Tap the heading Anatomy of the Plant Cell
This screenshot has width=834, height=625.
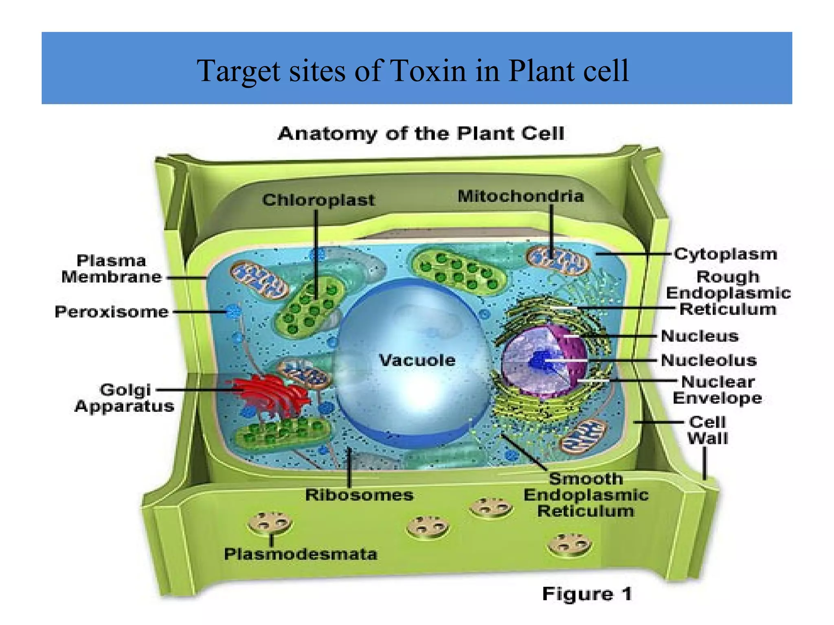(421, 134)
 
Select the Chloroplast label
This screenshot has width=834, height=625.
(318, 200)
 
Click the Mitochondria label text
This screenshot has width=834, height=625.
(520, 196)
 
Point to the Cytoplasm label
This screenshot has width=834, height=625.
(725, 254)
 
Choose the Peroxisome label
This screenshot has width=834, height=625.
(112, 312)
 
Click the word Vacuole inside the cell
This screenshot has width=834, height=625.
(417, 360)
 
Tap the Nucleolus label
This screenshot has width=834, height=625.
(709, 360)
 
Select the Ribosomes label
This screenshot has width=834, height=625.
(359, 495)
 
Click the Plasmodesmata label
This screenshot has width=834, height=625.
(301, 554)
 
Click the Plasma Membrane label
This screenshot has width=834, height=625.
(112, 269)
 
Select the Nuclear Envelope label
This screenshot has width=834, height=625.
(717, 390)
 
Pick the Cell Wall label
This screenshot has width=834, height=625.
(707, 430)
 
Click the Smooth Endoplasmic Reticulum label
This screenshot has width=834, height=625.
(586, 495)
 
